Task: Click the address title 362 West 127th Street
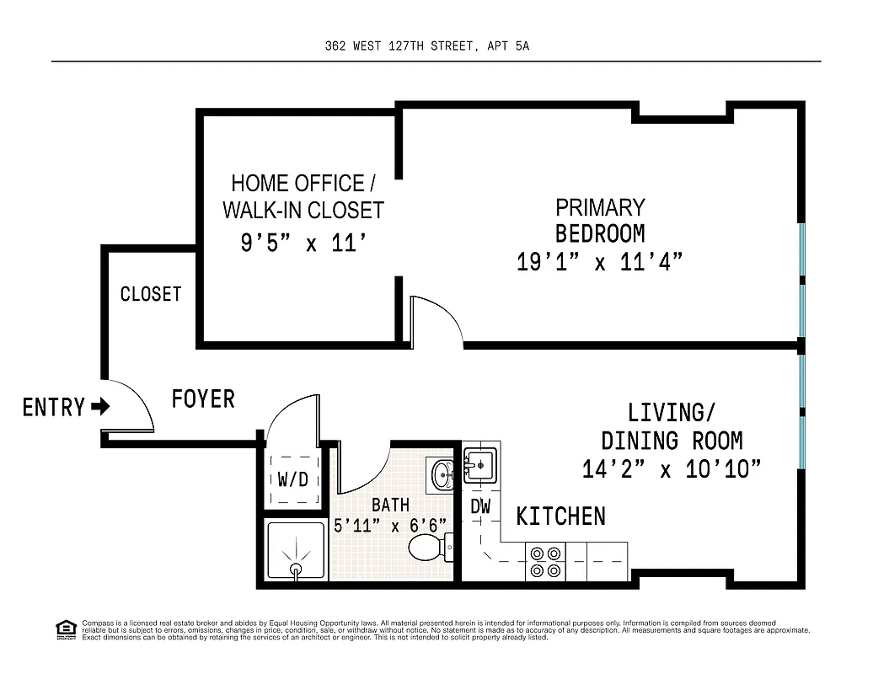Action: pyautogui.click(x=427, y=47)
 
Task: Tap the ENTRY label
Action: pyautogui.click(x=54, y=408)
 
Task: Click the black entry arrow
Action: pyautogui.click(x=100, y=408)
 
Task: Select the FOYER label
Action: pyautogui.click(x=203, y=399)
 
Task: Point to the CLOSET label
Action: pyautogui.click(x=151, y=294)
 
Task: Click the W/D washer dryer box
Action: pyautogui.click(x=292, y=480)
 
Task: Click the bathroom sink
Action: pyautogui.click(x=442, y=473)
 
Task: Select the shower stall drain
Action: pyautogui.click(x=296, y=570)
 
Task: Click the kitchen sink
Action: pyautogui.click(x=480, y=463)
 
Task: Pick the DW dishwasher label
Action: pyautogui.click(x=480, y=506)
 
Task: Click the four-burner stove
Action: pyautogui.click(x=545, y=562)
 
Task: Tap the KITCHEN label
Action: pyautogui.click(x=560, y=516)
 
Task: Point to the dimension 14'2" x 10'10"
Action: pyautogui.click(x=672, y=469)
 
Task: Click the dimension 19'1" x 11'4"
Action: pyautogui.click(x=599, y=262)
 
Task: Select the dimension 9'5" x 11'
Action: pyautogui.click(x=303, y=244)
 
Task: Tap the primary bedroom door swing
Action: pyautogui.click(x=434, y=320)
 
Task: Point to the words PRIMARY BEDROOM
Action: pyautogui.click(x=600, y=220)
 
